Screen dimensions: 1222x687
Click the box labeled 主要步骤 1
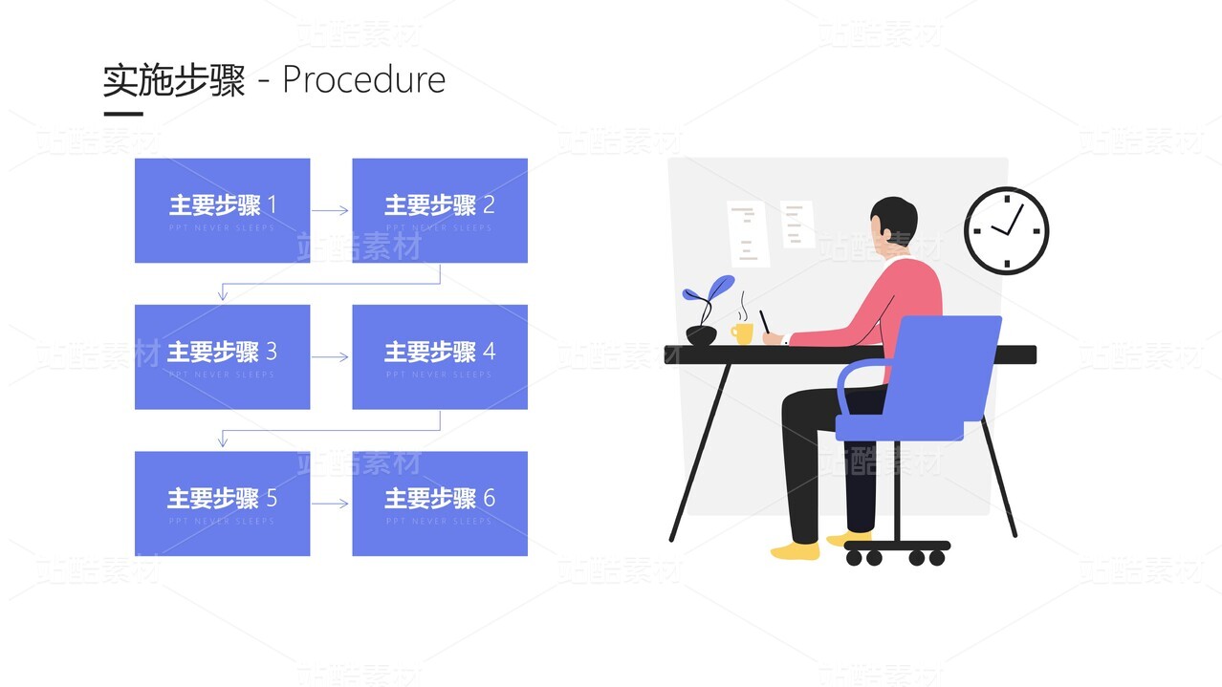(222, 210)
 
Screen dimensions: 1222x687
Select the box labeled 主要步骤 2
(440, 210)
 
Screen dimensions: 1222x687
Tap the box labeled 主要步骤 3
(222, 356)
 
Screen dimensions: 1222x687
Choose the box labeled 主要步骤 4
(440, 356)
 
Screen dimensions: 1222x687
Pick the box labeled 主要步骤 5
(222, 503)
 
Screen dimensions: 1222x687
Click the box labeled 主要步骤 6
(440, 503)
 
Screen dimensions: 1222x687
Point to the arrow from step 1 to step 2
(331, 211)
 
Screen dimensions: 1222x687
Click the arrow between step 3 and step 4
(331, 357)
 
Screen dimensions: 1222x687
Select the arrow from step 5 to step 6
(331, 504)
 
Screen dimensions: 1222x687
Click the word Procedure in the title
(363, 80)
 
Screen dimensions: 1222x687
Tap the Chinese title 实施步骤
(174, 80)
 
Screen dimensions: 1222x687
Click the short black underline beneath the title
(122, 114)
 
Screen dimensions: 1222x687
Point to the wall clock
(1006, 230)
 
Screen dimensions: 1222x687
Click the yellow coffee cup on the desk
(742, 333)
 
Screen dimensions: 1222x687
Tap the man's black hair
(896, 216)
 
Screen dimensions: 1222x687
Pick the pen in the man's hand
(765, 322)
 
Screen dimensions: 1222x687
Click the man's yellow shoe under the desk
(796, 550)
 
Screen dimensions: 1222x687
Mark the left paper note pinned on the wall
(748, 233)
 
